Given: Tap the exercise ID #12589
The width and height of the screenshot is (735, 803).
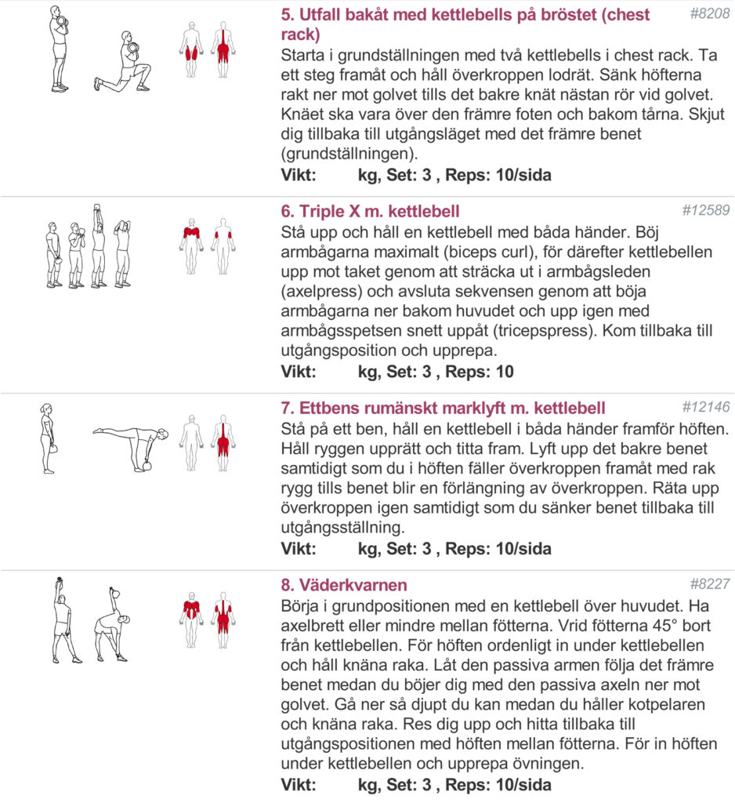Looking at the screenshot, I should click(705, 210).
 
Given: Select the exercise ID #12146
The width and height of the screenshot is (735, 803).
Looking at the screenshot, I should click(705, 407).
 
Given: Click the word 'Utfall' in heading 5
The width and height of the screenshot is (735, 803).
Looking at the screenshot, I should click(321, 15).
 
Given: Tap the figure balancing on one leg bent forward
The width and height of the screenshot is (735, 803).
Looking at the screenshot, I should click(133, 444).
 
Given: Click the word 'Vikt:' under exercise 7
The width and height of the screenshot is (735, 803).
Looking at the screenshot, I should click(299, 549).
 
